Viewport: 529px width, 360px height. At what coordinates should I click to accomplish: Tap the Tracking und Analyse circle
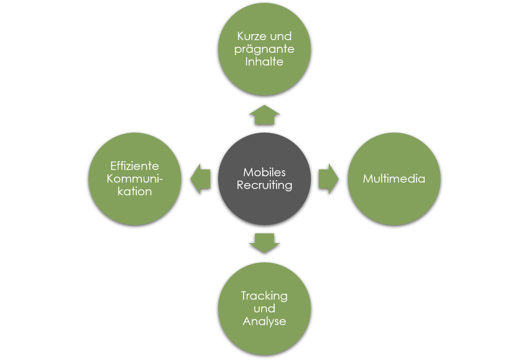(264, 337)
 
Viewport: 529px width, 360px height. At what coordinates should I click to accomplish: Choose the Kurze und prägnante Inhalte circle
(264, 79)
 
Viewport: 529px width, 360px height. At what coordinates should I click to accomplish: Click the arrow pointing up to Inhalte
(264, 115)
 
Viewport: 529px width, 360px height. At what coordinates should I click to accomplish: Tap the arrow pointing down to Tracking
(264, 243)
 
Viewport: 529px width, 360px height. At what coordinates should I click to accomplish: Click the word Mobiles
(264, 172)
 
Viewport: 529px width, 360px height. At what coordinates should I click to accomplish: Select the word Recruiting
(264, 185)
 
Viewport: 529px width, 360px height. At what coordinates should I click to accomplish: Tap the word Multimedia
(394, 179)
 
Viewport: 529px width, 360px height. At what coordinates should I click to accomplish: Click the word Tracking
(264, 296)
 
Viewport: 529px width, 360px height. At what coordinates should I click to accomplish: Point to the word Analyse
(264, 321)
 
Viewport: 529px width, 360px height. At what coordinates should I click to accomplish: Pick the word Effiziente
(135, 166)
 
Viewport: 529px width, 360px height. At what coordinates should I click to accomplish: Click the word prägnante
(264, 49)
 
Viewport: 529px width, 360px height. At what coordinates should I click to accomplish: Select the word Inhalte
(264, 62)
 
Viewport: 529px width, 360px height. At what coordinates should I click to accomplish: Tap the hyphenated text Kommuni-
(135, 179)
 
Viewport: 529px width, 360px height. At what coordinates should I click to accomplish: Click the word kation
(135, 191)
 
